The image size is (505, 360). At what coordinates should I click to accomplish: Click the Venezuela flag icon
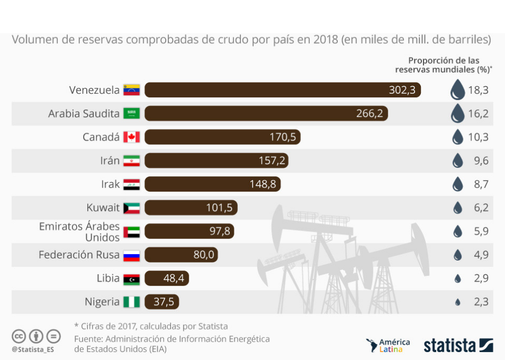click(132, 90)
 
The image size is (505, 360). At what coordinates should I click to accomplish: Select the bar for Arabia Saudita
click(266, 114)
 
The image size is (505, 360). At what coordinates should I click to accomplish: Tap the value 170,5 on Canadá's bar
click(282, 137)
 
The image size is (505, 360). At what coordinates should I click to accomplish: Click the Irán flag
click(132, 161)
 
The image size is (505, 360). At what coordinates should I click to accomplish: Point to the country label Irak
click(110, 185)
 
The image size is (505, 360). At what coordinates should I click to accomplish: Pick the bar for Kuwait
click(191, 208)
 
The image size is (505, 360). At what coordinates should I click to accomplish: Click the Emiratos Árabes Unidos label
click(79, 232)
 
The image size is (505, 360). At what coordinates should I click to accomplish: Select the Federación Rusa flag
click(132, 255)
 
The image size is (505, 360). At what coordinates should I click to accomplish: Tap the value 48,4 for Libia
click(173, 278)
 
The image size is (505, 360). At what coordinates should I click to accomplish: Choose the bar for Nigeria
click(163, 302)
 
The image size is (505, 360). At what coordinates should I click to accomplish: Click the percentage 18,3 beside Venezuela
click(478, 90)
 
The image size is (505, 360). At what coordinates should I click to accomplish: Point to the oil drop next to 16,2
click(458, 113)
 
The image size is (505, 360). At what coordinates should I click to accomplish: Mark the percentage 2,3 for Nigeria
click(481, 302)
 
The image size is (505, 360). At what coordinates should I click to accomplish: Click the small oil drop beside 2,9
click(458, 279)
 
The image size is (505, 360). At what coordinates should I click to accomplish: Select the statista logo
click(458, 345)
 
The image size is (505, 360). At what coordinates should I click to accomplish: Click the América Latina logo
click(388, 345)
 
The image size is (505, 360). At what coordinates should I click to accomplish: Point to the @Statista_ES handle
click(33, 349)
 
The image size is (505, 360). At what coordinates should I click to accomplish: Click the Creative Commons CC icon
click(19, 336)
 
